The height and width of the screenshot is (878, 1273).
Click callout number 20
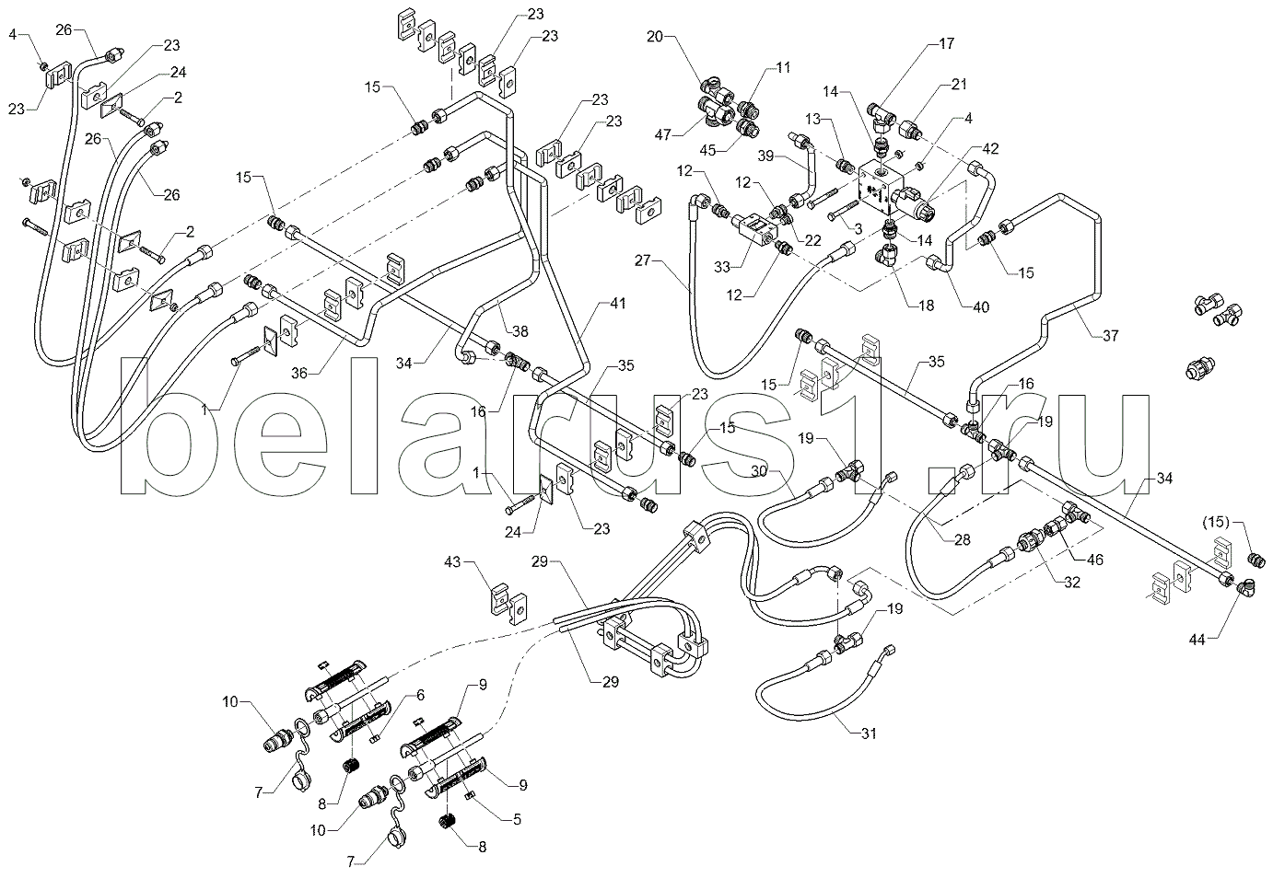click(655, 37)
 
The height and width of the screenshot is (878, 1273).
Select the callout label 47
click(662, 135)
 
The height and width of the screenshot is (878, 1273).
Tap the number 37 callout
click(1110, 336)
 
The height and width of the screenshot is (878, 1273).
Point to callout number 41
click(617, 304)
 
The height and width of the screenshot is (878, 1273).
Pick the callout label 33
click(722, 266)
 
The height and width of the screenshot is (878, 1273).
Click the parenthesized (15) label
click(1216, 521)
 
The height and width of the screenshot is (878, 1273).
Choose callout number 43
click(452, 562)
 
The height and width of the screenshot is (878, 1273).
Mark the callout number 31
click(869, 734)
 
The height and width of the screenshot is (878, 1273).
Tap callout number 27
click(643, 260)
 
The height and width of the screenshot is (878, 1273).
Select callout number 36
click(299, 373)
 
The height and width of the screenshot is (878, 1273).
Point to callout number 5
click(517, 819)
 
